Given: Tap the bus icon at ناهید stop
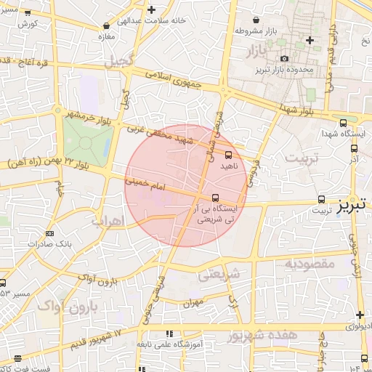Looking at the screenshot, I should tap(229, 154).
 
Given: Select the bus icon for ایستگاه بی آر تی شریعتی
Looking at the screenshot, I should tap(215, 197).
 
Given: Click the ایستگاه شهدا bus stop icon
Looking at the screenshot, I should tap(343, 123).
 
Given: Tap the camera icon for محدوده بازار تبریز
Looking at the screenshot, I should tap(284, 58).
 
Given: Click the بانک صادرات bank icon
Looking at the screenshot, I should tap(49, 233).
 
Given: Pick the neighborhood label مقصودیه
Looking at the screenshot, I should tap(310, 263).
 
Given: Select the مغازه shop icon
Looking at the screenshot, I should tap(108, 26).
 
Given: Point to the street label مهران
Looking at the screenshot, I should tap(193, 303).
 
